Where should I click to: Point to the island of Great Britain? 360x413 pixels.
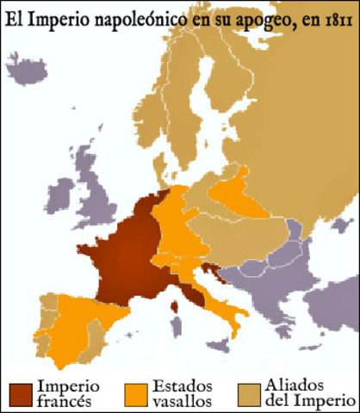click(100, 194)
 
